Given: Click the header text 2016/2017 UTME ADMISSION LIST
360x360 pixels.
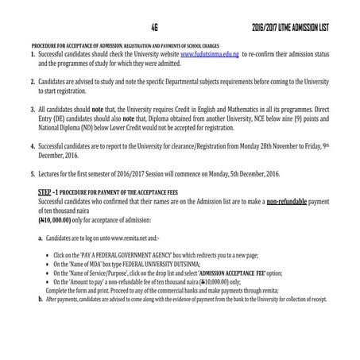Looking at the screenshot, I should (290, 29).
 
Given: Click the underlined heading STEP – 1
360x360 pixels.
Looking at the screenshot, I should (52, 193).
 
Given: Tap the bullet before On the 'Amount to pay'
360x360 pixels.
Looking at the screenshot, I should (48, 281).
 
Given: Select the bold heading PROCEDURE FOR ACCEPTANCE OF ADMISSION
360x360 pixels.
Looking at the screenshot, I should (76, 44).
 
